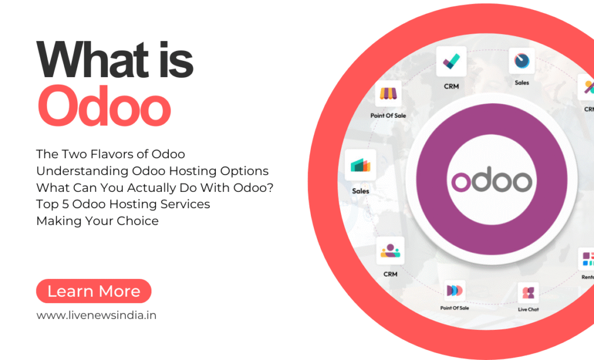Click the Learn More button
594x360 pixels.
pyautogui.click(x=93, y=291)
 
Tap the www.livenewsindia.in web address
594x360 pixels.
pyautogui.click(x=96, y=315)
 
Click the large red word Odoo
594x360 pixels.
pyautogui.click(x=104, y=106)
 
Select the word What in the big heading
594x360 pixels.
pyautogui.click(x=92, y=60)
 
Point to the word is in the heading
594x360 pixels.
pyautogui.click(x=176, y=60)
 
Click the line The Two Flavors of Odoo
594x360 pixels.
pyautogui.click(x=111, y=154)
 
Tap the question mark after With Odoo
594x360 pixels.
pyautogui.click(x=270, y=187)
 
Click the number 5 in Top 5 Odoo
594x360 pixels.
pyautogui.click(x=65, y=204)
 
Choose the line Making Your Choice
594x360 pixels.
pyautogui.click(x=97, y=221)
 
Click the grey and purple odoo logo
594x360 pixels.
pyautogui.click(x=492, y=180)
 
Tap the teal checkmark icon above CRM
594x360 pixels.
pyautogui.click(x=451, y=61)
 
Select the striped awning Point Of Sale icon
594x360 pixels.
pyautogui.click(x=388, y=93)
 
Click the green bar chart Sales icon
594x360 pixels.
pyautogui.click(x=360, y=165)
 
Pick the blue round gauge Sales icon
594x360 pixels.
pyautogui.click(x=521, y=60)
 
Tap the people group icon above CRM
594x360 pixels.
pyautogui.click(x=390, y=250)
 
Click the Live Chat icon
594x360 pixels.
pyautogui.click(x=528, y=293)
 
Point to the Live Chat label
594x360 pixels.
pyautogui.click(x=528, y=309)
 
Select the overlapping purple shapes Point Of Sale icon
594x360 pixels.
pyautogui.click(x=455, y=291)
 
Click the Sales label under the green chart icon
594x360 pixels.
pyautogui.click(x=360, y=191)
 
